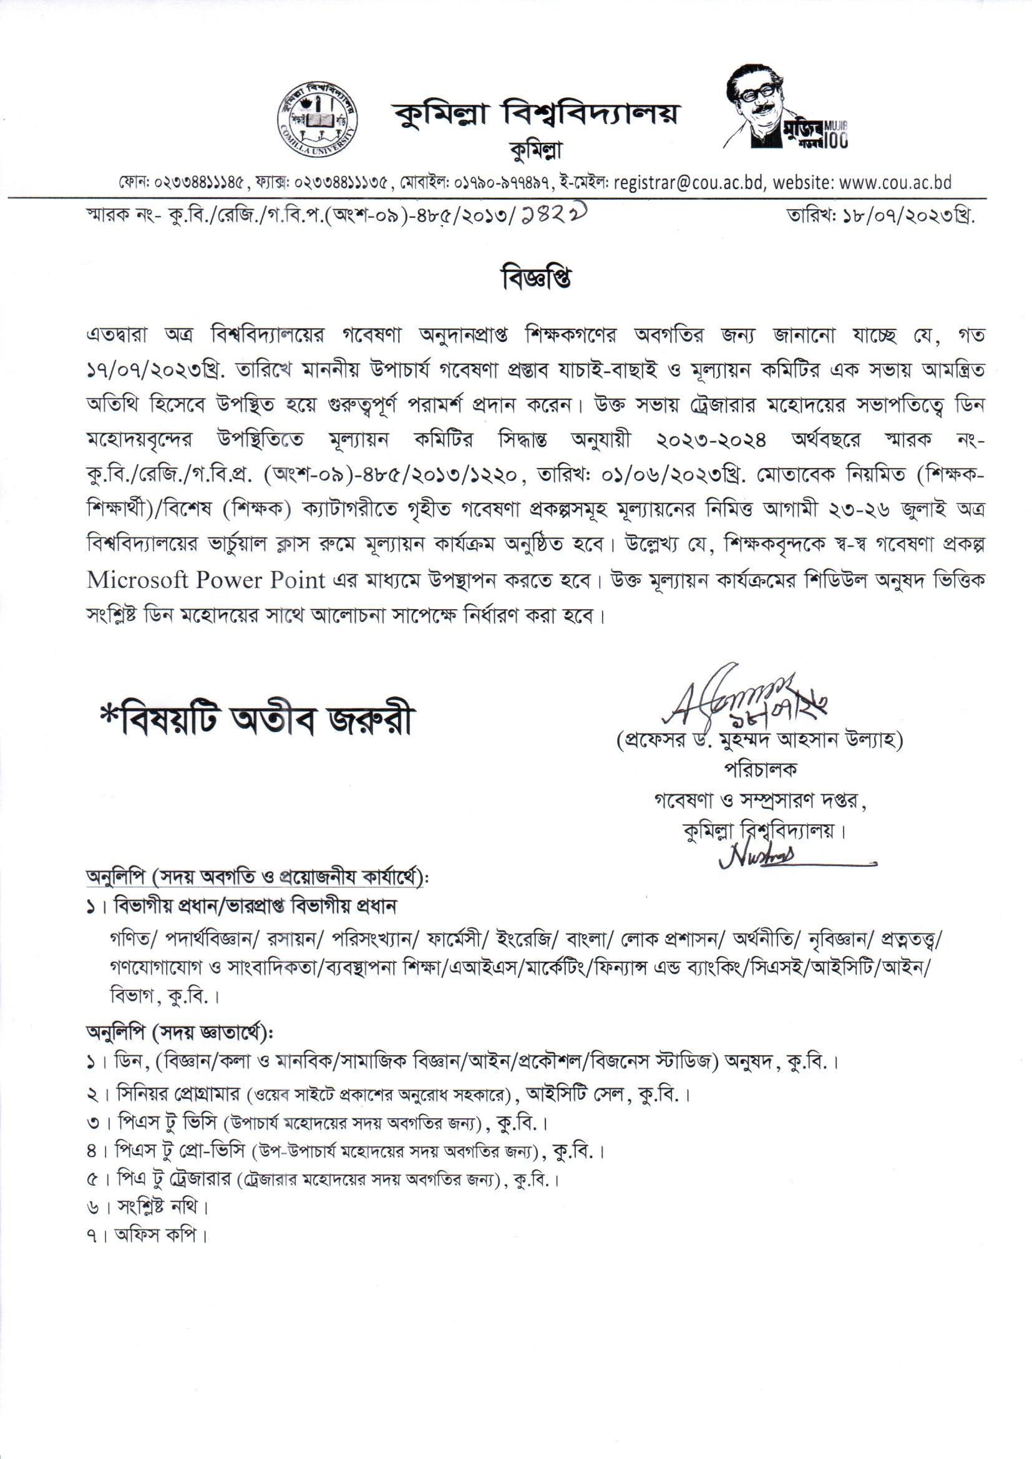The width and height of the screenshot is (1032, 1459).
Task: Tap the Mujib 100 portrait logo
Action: coord(787,108)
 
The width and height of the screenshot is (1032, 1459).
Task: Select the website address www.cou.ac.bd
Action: coord(895,183)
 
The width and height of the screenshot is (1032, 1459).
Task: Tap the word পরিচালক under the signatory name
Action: coord(760,769)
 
